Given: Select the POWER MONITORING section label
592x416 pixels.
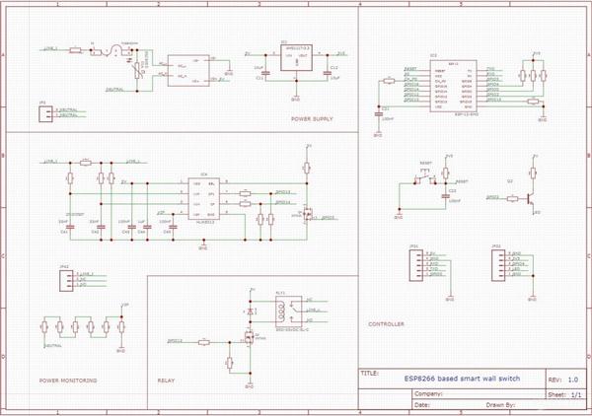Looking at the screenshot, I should (68, 380).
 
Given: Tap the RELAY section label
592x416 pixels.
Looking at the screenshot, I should (166, 380).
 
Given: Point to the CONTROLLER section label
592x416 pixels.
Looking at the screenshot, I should (386, 324).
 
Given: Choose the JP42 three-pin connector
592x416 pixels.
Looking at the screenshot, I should (65, 279).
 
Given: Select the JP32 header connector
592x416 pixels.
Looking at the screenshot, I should (499, 263).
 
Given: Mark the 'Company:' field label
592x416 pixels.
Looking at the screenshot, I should (423, 390).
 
